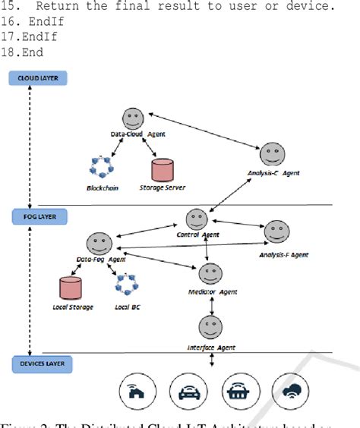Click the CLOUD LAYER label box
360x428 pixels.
[37, 78]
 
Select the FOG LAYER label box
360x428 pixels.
[36, 216]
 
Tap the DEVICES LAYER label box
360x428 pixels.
[36, 364]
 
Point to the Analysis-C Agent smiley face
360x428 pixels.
[272, 155]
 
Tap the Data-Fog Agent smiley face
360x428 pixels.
[96, 244]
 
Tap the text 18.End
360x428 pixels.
[23, 52]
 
